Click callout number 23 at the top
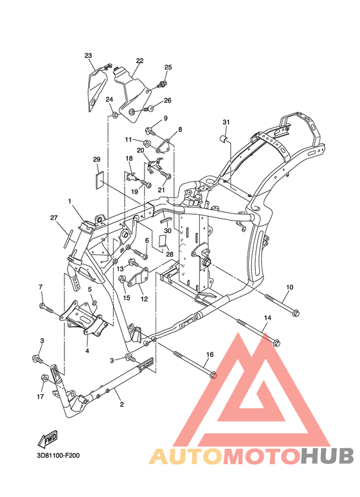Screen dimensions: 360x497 pos(88,56)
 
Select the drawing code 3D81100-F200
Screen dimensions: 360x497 pos(59,456)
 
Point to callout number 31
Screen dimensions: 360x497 pos(226,122)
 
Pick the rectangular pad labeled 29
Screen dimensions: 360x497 pos(100,179)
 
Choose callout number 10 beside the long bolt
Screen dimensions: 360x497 pos(290,287)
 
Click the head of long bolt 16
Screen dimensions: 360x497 pos(213,375)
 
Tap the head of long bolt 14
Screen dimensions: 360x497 pos(276,343)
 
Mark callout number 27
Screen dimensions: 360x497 pos(54,217)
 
